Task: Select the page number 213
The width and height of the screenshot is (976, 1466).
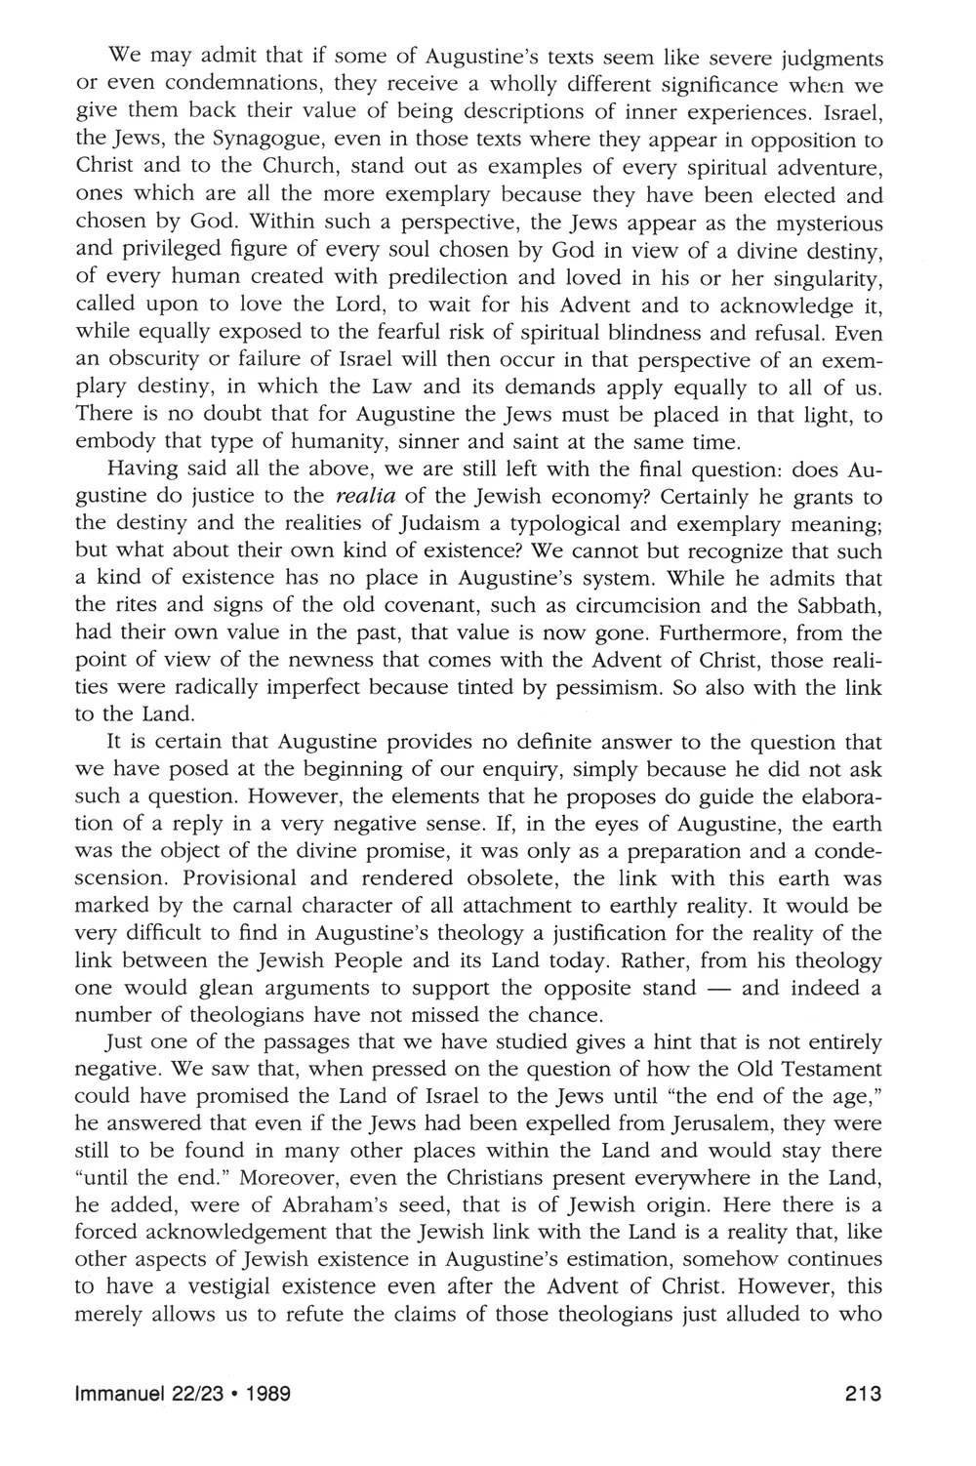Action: click(x=864, y=1394)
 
